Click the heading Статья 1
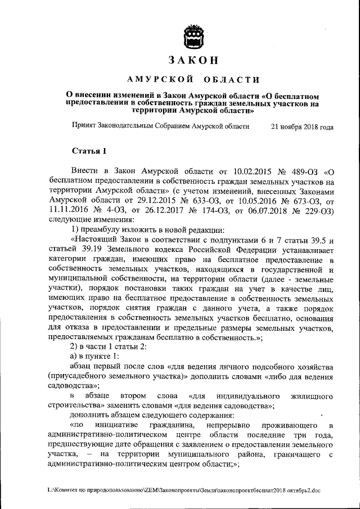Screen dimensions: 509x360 tap(89, 151)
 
